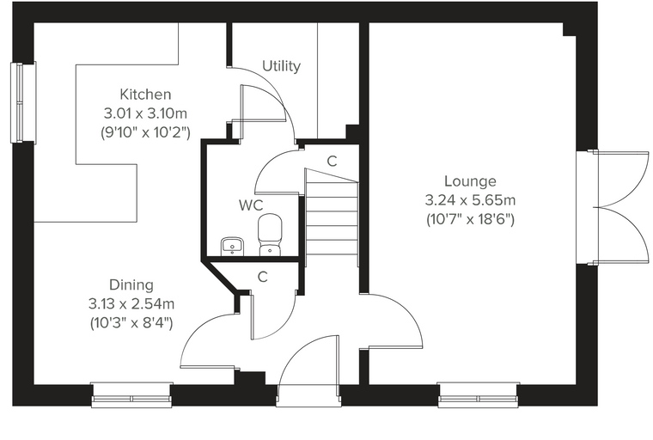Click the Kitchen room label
point(145,95)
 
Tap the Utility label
point(282,66)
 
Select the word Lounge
point(470,181)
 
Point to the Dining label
point(131,285)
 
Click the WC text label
point(251,205)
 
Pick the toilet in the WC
point(270,235)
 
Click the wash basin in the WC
point(232,246)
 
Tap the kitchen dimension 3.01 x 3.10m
point(145,113)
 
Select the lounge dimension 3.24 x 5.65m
point(470,200)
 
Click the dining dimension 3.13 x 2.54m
point(131,303)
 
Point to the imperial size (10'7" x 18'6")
point(470,219)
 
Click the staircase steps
point(332,217)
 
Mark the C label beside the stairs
point(332,162)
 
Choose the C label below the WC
point(262,277)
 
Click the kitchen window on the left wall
point(23,102)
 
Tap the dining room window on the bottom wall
point(131,394)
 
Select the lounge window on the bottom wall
point(479,394)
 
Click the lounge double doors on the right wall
point(612,207)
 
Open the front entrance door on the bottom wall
point(308,370)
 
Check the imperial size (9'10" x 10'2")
point(145,132)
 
